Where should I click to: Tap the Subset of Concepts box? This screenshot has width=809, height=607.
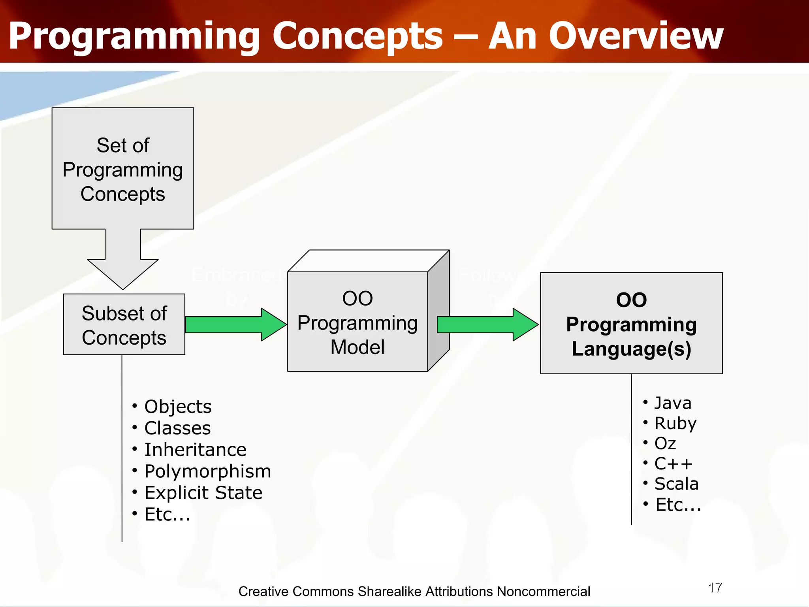coord(124,325)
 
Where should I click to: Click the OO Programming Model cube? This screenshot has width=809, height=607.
coord(357,322)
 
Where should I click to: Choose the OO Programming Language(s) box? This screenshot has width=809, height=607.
coord(631,324)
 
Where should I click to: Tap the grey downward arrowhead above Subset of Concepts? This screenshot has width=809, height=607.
coord(123,273)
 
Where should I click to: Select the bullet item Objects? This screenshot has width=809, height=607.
coord(178,407)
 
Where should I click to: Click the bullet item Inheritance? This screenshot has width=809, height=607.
coord(195,450)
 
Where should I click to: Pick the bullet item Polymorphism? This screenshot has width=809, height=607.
coord(207,471)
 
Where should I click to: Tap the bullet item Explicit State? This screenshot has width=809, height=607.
coord(203,493)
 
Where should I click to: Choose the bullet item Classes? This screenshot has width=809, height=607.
coord(177,428)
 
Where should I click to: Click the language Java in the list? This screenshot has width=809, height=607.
coord(673,403)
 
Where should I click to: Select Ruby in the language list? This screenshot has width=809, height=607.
coord(675,423)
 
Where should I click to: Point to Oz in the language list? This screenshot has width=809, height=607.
coord(665,443)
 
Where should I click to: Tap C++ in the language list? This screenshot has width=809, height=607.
coord(673,464)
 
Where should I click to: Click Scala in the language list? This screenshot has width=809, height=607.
coord(676,484)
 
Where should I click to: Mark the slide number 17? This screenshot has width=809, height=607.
coord(715,588)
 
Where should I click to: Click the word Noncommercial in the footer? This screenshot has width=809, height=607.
coord(544,592)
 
